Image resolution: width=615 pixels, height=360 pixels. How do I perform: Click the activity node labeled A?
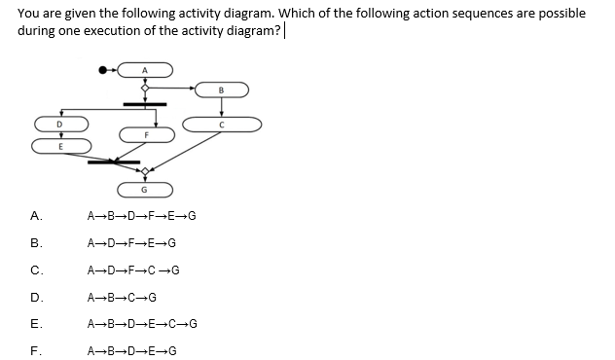coord(145,69)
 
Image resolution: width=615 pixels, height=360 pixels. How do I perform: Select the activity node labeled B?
coord(221,90)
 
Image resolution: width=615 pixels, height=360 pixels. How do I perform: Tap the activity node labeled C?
coord(223,124)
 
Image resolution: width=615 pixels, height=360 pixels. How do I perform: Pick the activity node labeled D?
coord(61,124)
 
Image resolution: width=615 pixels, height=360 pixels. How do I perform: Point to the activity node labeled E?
coord(61,145)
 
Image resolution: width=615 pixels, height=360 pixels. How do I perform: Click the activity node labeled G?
coord(145,188)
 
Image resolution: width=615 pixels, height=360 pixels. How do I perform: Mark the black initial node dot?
coord(103,69)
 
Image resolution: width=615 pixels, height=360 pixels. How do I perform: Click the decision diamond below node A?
coord(145,89)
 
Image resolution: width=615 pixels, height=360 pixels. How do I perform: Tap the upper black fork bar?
coord(145,103)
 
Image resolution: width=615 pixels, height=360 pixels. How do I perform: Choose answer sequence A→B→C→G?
coord(122,297)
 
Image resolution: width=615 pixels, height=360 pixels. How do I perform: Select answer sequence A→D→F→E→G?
coord(131,242)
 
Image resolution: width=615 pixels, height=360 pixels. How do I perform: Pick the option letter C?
coord(36,270)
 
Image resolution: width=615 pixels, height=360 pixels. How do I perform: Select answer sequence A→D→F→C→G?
coord(133,270)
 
